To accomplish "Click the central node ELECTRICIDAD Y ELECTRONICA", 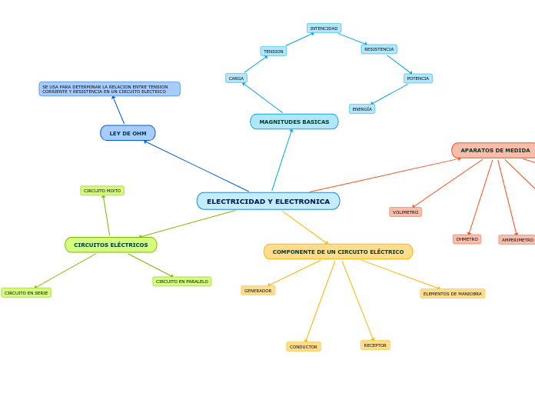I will click(268, 202).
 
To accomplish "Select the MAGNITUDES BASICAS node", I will click(294, 122).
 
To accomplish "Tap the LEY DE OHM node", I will click(128, 133).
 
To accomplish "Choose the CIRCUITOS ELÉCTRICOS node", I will click(111, 245).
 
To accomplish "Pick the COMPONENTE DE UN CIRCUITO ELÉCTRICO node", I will click(338, 252).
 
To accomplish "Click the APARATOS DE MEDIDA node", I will click(494, 151).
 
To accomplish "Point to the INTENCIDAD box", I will click(324, 28).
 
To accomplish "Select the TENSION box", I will click(274, 52).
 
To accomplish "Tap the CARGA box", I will click(236, 78).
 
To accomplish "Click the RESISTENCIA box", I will click(379, 49).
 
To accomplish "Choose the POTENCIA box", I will click(418, 78).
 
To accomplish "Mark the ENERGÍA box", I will click(362, 109).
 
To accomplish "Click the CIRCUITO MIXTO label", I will click(102, 191).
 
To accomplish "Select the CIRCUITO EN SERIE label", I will click(26, 293).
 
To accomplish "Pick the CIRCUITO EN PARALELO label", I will click(182, 282).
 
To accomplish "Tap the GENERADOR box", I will click(258, 291).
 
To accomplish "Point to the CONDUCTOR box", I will click(304, 347).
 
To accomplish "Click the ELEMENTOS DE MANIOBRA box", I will click(452, 294).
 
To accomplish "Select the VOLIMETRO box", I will click(405, 212).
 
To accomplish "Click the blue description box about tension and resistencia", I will click(109, 89).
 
